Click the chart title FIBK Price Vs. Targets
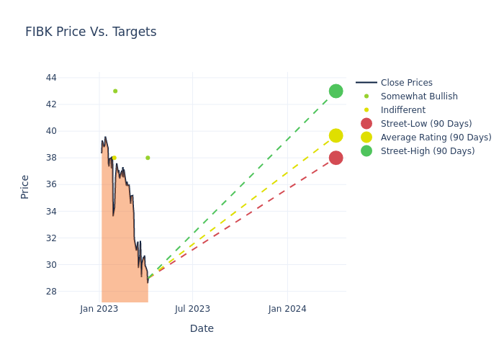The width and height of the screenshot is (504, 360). click(x=91, y=32)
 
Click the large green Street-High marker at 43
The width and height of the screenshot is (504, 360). click(x=336, y=91)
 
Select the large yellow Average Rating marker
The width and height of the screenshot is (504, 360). click(x=336, y=135)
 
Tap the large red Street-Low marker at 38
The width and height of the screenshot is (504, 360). click(x=336, y=158)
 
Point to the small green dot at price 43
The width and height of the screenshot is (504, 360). click(x=115, y=91)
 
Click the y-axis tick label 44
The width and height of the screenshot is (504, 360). click(x=50, y=78)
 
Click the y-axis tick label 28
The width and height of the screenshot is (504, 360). click(x=50, y=292)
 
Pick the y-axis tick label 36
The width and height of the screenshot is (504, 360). click(x=50, y=184)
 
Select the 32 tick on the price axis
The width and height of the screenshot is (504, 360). click(x=50, y=238)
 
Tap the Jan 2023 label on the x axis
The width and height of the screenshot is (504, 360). click(x=99, y=309)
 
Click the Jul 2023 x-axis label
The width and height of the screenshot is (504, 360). click(x=193, y=309)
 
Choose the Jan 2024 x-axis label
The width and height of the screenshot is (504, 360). click(x=287, y=309)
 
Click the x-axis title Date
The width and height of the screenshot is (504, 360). click(x=202, y=328)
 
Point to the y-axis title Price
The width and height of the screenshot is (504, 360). click(x=25, y=186)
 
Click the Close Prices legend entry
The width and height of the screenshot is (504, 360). click(x=406, y=83)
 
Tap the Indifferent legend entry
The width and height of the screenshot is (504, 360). click(x=402, y=110)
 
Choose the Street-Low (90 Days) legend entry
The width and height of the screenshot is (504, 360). click(x=426, y=124)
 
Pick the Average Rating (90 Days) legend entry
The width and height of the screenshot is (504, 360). click(x=436, y=138)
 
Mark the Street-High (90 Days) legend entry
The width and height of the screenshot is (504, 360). click(x=428, y=151)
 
